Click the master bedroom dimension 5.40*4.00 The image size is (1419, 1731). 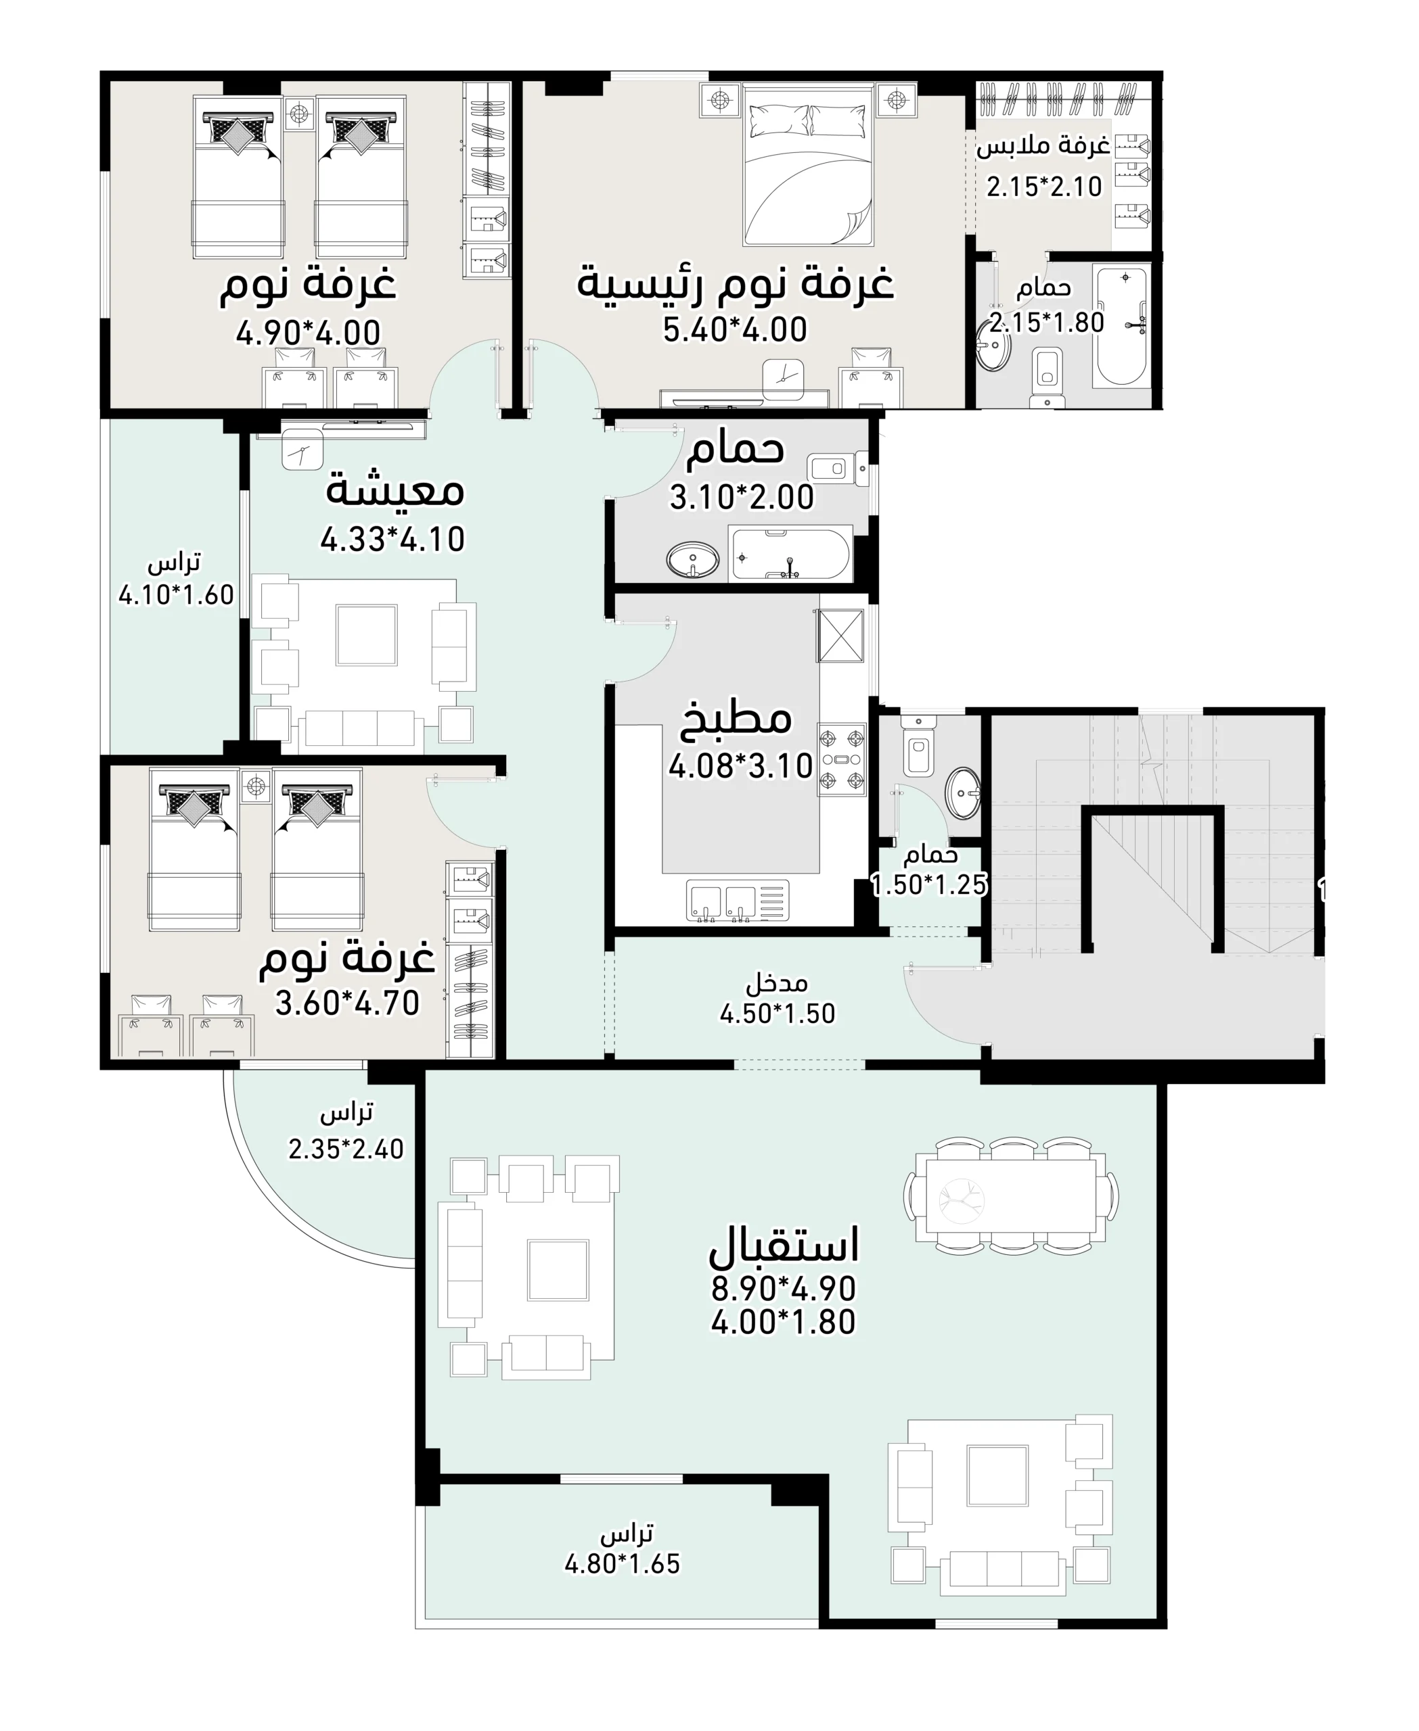[735, 330]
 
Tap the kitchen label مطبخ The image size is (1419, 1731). [736, 717]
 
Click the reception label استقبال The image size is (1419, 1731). [783, 1244]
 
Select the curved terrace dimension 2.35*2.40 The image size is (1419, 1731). [346, 1149]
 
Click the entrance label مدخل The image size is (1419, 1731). [777, 981]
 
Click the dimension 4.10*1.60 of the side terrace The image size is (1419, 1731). [177, 595]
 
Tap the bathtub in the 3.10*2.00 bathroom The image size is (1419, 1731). [790, 554]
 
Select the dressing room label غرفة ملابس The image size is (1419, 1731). [1044, 147]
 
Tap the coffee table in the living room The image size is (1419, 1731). [366, 635]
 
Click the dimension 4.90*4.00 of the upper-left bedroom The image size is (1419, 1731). [308, 333]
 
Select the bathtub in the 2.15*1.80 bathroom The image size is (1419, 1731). [1121, 327]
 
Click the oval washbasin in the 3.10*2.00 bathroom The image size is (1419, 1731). [693, 561]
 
